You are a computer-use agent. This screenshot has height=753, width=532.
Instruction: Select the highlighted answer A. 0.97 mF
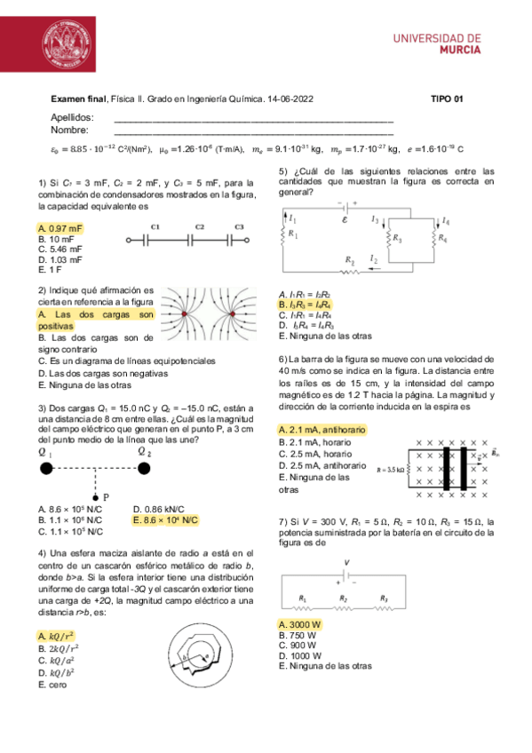(x=60, y=228)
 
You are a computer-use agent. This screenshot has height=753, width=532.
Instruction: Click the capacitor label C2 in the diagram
(x=200, y=227)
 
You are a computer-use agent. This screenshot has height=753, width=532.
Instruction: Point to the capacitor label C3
(x=239, y=227)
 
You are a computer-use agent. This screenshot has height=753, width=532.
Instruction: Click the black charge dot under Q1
(x=45, y=469)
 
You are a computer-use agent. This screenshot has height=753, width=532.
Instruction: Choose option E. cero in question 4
(x=54, y=686)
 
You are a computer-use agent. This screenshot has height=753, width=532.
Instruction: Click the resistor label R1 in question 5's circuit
(x=294, y=233)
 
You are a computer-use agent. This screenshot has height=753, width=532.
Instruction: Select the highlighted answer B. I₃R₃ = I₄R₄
(x=305, y=305)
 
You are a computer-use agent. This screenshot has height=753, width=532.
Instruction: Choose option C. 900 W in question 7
(x=298, y=646)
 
